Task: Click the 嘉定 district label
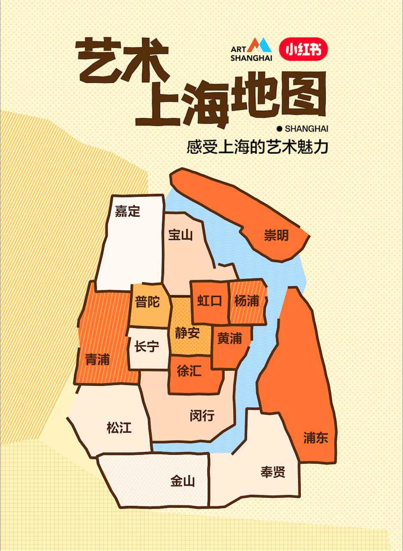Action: coord(127,211)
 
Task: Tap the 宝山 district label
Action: coord(180,235)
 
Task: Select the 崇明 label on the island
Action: coord(276,236)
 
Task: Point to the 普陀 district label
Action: coord(147,302)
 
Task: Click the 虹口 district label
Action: coord(209,301)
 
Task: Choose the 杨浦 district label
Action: coord(247,301)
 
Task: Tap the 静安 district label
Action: coord(187,333)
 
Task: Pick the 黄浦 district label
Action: coord(229,339)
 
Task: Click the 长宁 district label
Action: coord(147,346)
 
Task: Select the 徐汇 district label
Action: coord(189,371)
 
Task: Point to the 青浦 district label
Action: coord(97,360)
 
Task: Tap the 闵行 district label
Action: coord(202,415)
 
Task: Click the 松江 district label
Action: coord(119,427)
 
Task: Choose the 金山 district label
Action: coord(183,481)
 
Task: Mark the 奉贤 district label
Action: coord(273,472)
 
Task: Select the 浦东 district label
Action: coord(316,438)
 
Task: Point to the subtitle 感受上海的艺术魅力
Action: coord(257,147)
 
